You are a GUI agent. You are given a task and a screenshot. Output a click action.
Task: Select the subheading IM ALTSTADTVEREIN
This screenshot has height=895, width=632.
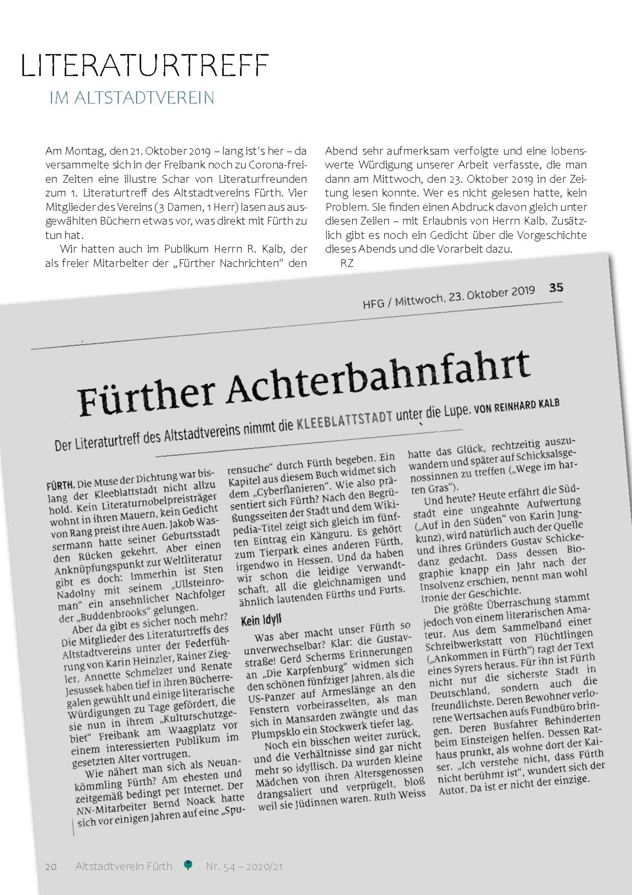pos(132,98)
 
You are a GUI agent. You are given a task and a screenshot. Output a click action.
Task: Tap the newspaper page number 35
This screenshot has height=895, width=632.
pos(556,288)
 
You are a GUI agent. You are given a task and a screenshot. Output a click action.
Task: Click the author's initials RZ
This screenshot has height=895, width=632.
pos(347,263)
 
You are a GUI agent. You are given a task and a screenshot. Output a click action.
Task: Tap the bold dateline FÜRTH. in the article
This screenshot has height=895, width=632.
pos(61,485)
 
